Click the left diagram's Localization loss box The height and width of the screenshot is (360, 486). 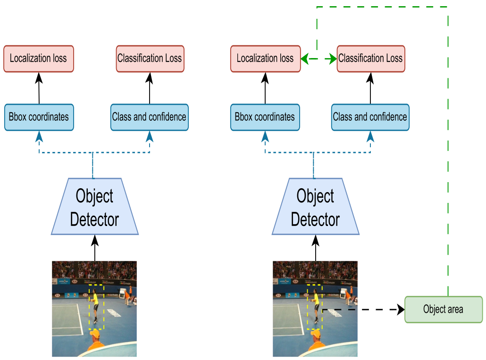click(38, 59)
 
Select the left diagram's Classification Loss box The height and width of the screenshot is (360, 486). click(150, 59)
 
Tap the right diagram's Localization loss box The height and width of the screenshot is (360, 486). click(265, 59)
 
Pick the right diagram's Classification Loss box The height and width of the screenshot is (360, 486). click(370, 59)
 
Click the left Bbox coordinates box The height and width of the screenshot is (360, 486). click(39, 117)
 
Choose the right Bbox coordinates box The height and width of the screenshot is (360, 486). click(265, 117)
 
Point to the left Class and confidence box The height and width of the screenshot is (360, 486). click(150, 117)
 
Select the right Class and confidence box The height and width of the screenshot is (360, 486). click(370, 117)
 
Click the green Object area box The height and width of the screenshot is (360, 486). click(443, 310)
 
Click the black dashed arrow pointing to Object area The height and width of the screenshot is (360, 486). click(363, 310)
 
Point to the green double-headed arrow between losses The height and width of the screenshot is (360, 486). click(318, 59)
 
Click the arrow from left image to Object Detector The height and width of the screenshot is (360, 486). click(95, 248)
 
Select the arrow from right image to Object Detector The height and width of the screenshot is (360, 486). click(315, 248)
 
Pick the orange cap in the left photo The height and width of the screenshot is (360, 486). click(95, 335)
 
